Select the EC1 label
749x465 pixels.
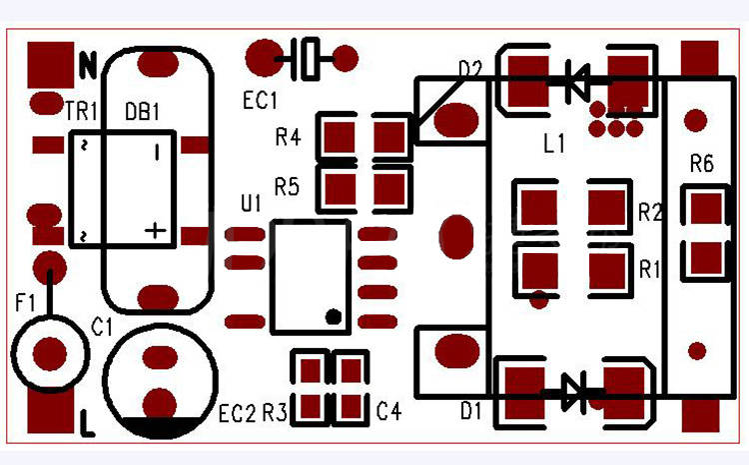pos(261,100)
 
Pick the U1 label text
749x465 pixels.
pos(251,203)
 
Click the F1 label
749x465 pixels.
pos(26,300)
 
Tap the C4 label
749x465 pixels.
pos(388,410)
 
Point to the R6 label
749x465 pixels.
pos(701,164)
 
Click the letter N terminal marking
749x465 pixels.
pos(88,67)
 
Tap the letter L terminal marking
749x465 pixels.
pos(88,424)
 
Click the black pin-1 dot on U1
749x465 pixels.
pos(334,317)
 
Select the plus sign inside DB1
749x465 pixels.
pos(155,230)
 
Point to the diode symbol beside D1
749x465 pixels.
pos(572,391)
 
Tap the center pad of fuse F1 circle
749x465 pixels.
pos(49,353)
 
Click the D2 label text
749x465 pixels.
pos(469,69)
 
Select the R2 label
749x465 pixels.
pos(650,212)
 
